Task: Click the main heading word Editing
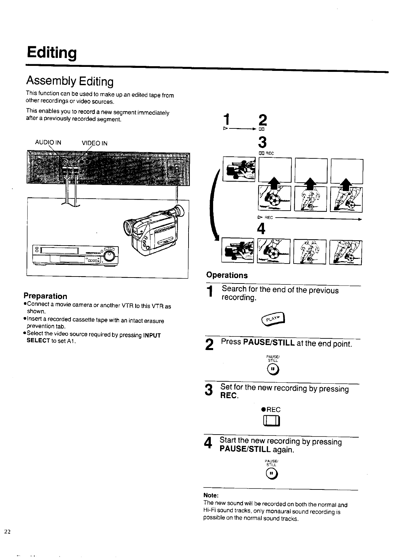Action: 52,53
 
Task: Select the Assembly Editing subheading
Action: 70,81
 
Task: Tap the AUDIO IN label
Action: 48,143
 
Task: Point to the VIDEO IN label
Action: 94,143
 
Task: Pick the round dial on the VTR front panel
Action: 109,256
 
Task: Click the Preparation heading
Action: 45,296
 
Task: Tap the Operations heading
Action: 227,275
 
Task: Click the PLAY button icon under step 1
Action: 274,319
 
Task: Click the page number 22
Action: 8,531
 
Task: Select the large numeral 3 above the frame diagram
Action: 262,142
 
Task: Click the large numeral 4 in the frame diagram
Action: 261,229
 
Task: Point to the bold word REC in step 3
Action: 229,396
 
